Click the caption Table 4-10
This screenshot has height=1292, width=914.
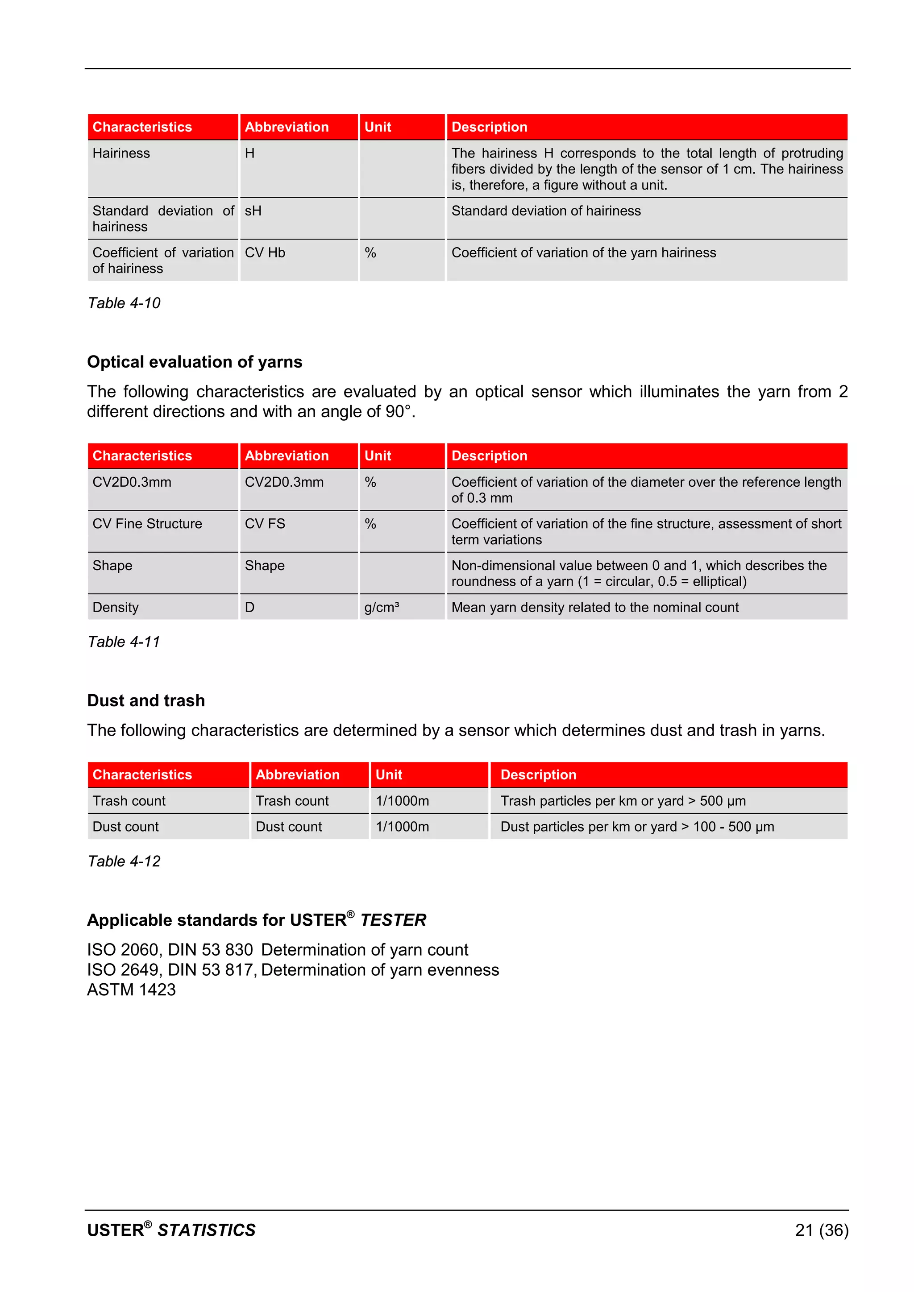124,303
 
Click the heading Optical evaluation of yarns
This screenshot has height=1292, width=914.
194,362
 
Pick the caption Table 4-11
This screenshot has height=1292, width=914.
124,642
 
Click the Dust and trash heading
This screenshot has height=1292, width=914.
146,700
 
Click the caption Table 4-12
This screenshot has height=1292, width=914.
124,861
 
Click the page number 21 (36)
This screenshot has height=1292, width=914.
821,1230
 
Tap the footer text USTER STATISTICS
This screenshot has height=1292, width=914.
171,1230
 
